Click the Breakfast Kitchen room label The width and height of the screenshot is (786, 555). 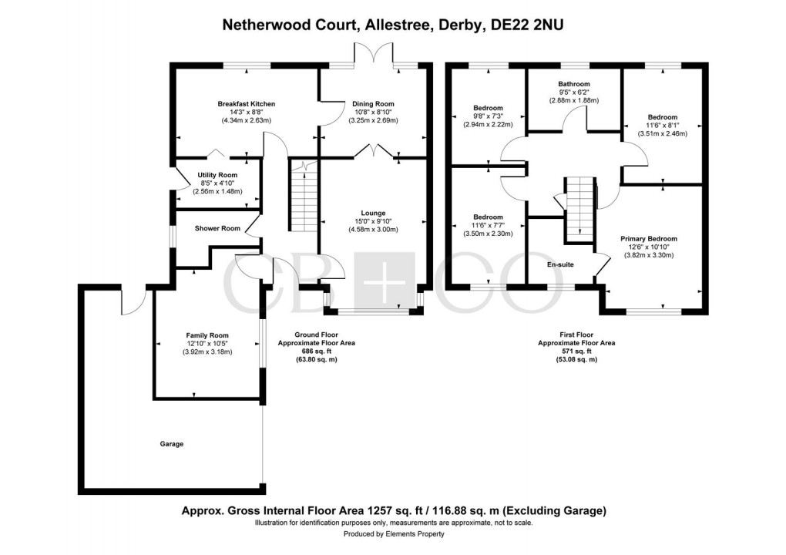(246, 104)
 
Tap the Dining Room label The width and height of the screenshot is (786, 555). (373, 104)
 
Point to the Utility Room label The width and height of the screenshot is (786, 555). (217, 176)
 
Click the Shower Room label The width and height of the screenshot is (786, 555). (217, 228)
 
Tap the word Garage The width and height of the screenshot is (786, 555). (172, 444)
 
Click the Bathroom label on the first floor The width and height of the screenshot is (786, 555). (574, 84)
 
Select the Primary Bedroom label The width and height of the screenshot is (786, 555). (649, 239)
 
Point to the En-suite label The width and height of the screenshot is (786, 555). (560, 264)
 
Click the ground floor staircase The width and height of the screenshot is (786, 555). (302, 198)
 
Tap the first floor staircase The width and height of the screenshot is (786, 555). (581, 208)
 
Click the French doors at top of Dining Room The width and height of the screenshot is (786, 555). (373, 55)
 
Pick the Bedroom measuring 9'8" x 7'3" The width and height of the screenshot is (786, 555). (488, 108)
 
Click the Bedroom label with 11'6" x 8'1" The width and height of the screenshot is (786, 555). (661, 118)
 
